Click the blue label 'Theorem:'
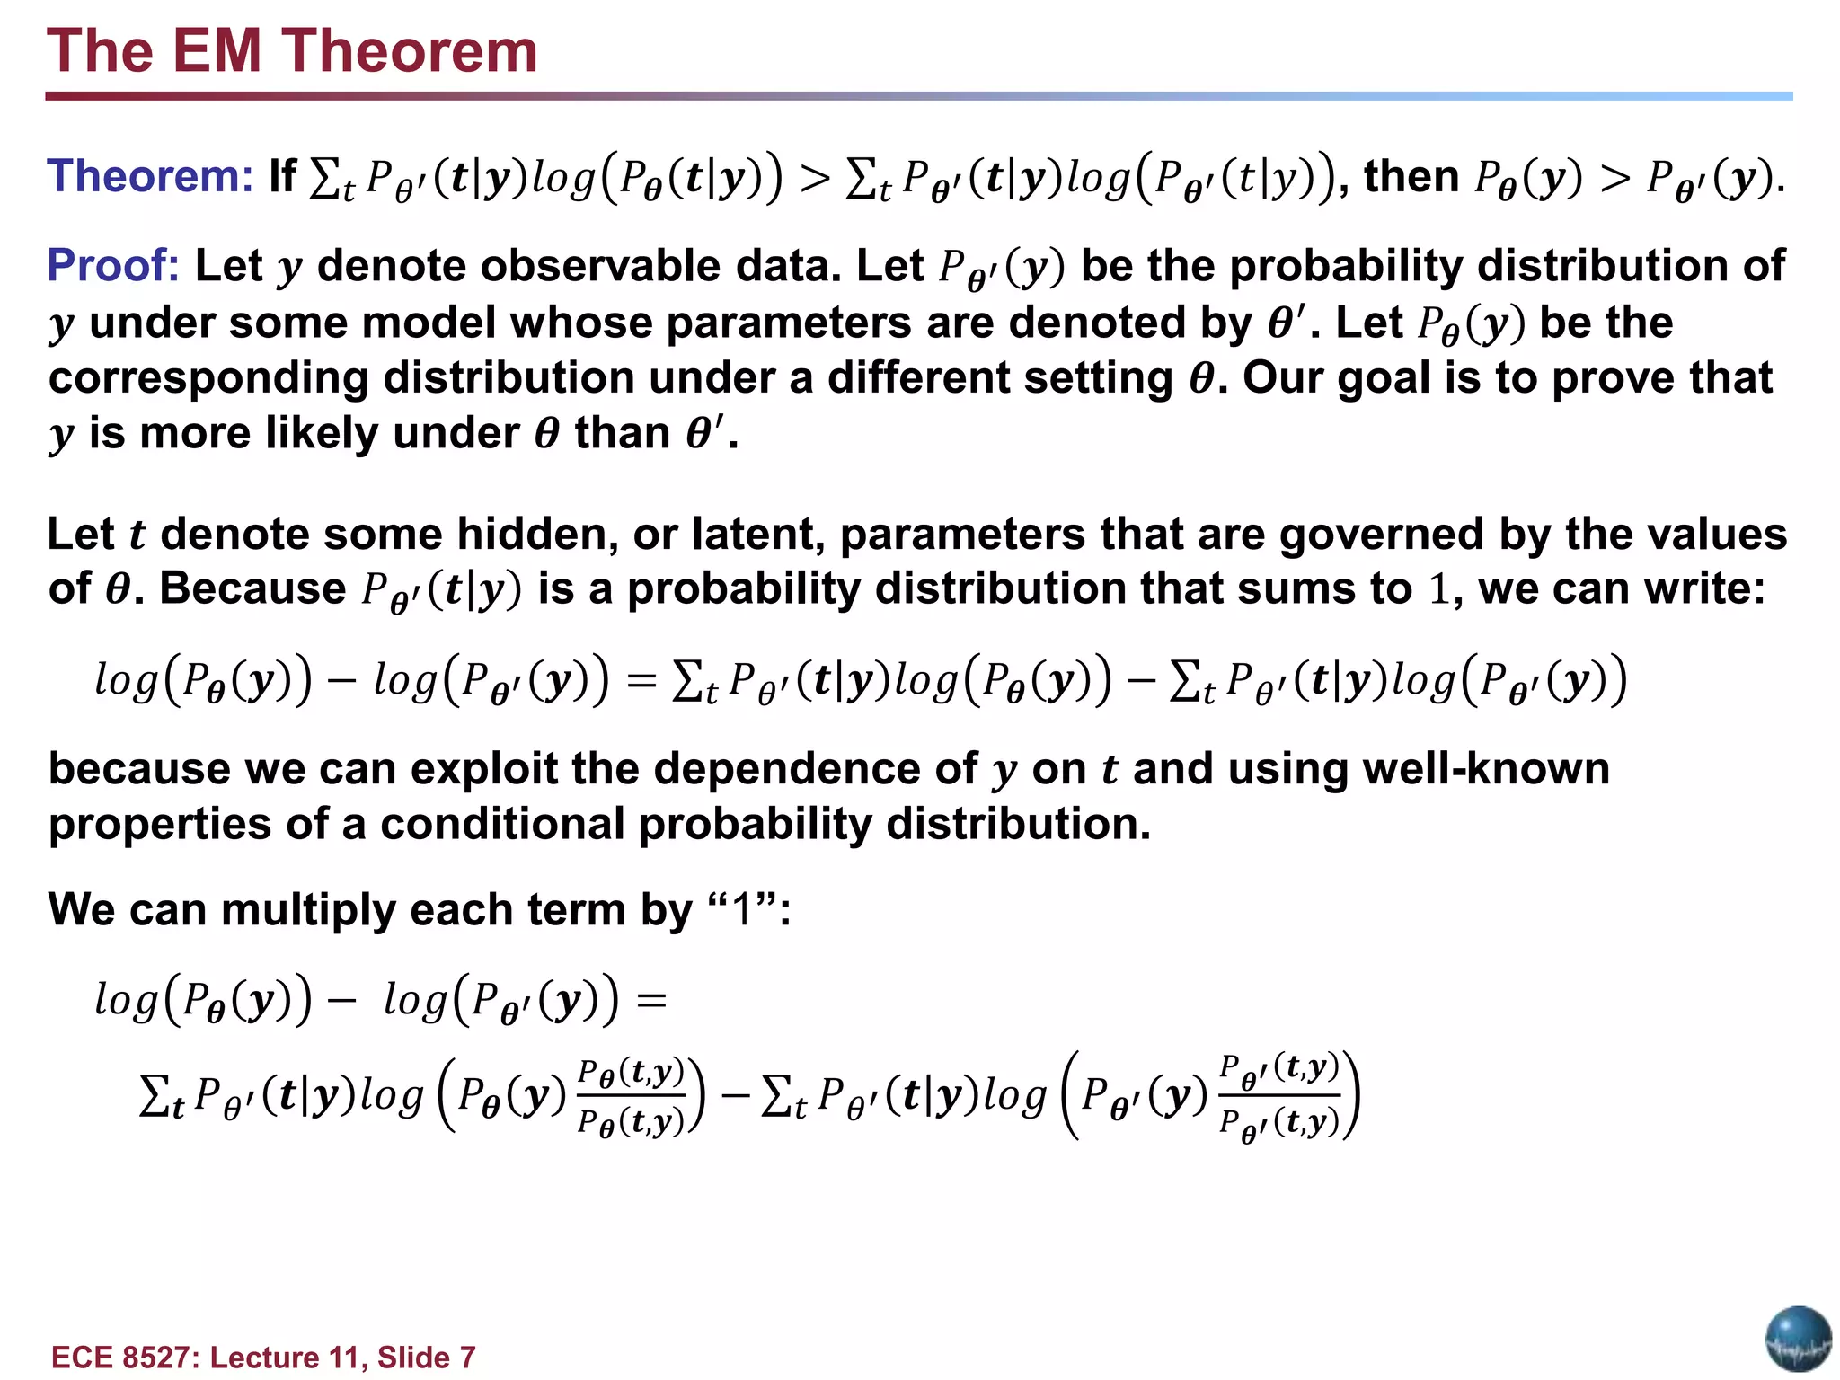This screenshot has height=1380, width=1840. [150, 176]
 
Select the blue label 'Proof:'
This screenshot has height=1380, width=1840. [113, 266]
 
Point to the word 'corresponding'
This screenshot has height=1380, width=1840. [208, 378]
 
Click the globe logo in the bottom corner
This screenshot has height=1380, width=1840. [1798, 1340]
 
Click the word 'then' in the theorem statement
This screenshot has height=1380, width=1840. [1411, 176]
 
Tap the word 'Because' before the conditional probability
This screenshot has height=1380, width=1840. [252, 589]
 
